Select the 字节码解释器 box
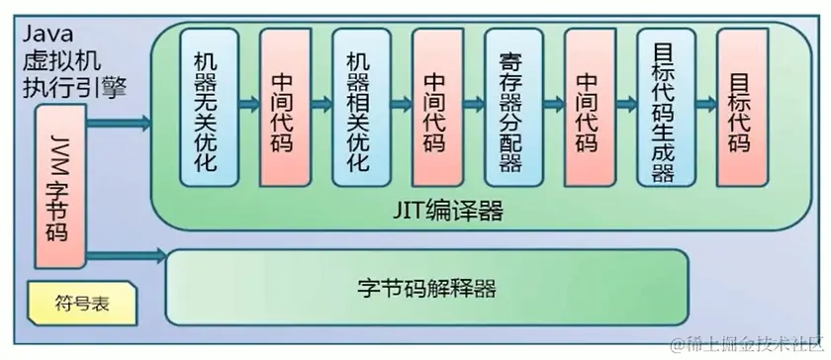click(x=425, y=290)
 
